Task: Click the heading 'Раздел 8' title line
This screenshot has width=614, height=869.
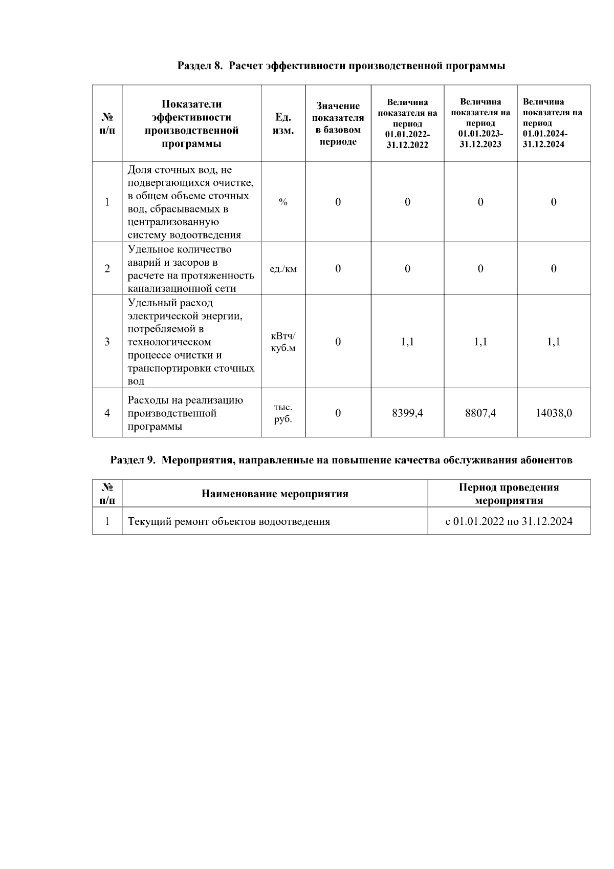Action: [341, 66]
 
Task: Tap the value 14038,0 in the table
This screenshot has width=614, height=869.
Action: [554, 413]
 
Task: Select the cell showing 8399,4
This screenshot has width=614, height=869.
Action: [407, 413]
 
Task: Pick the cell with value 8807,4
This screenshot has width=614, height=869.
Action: [480, 413]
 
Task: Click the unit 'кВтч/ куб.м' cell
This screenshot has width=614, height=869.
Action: [283, 342]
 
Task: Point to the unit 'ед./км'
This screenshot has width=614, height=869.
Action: [283, 269]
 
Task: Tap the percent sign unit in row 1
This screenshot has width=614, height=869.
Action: [283, 202]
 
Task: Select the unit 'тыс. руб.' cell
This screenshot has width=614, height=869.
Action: [283, 413]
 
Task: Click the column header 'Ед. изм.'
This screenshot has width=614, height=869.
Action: [283, 123]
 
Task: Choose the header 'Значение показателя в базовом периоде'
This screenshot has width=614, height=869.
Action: [338, 123]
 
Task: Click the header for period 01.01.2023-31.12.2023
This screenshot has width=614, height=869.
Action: [480, 123]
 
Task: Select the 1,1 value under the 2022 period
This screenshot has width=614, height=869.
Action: [407, 342]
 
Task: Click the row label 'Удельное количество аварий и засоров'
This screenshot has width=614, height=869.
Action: [190, 269]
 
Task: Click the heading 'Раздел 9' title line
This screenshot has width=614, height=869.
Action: [341, 460]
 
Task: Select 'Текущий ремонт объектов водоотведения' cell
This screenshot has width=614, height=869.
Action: [229, 522]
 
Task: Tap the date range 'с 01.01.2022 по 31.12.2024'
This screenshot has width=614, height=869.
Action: [509, 522]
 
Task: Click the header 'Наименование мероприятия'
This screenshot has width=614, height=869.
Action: [275, 494]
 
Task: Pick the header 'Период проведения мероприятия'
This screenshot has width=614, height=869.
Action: [509, 494]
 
